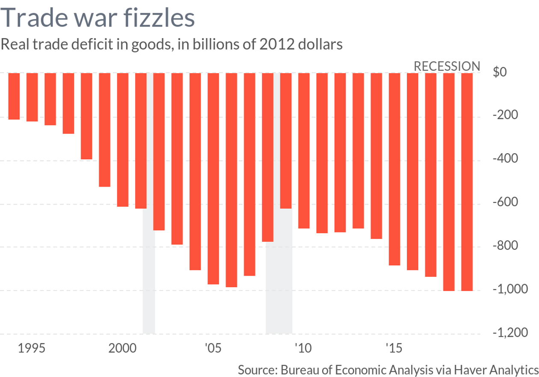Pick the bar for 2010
click(304, 150)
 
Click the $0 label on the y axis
click(499, 72)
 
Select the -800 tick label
click(506, 246)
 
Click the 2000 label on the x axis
click(123, 348)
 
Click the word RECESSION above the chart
click(447, 66)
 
